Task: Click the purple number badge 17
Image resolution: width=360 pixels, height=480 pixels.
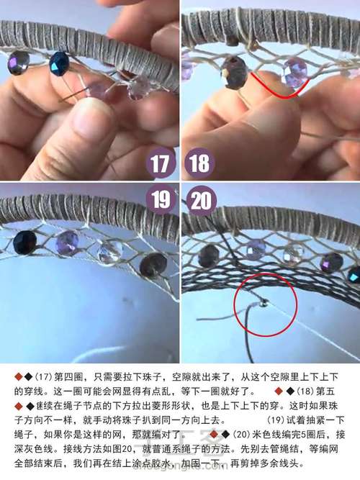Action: (x=161, y=163)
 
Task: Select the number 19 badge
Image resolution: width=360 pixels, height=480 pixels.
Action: (x=161, y=199)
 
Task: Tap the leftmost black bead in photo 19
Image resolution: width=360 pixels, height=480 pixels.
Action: (x=24, y=243)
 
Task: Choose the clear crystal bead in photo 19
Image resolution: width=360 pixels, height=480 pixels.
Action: (x=110, y=251)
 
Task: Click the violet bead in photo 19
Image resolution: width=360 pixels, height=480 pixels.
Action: (x=67, y=243)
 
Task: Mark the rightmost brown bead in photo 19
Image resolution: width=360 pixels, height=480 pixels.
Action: (x=153, y=266)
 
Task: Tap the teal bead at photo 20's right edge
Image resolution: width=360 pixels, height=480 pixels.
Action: (x=354, y=274)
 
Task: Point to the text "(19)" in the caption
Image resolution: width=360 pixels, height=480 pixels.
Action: (x=278, y=420)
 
